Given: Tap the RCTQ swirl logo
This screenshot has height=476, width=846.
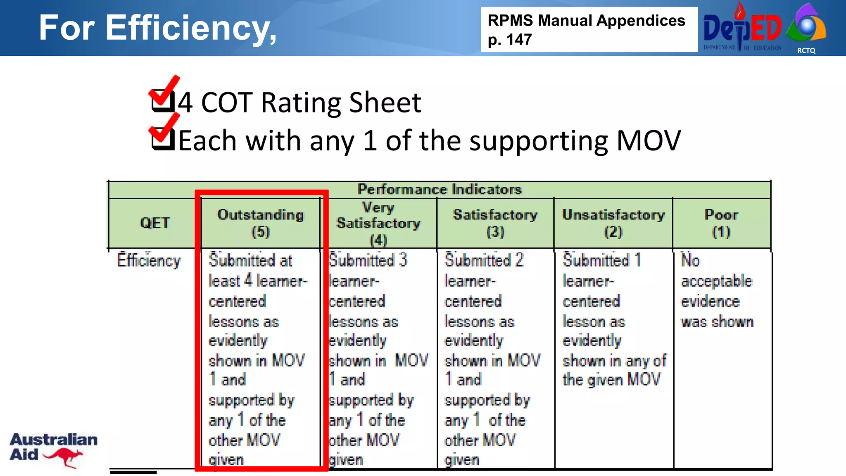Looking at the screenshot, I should pos(806,25).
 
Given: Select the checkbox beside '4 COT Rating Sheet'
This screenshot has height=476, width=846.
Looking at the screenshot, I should pos(162,100).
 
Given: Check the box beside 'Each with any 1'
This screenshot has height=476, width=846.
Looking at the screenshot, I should pos(162,138).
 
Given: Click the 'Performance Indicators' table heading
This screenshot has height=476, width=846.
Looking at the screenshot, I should pos(440,189).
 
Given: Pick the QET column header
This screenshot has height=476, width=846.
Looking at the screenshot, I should pos(154,223).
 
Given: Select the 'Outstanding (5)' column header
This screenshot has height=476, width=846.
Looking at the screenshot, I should pos(261,223).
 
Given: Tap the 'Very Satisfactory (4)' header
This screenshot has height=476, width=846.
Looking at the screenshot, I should pos(378,223).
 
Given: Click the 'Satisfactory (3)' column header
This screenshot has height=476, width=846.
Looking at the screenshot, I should pos(495,223).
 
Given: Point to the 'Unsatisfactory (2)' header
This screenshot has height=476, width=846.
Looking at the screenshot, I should pos(613,223).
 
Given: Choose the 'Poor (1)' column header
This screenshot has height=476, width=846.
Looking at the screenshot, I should pos(721,223).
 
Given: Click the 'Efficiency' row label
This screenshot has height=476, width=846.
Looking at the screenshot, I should pos(149,260).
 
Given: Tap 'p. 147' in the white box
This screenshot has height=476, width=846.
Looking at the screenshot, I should pos(510,40).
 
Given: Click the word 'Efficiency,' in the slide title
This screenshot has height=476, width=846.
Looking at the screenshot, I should pos(191,28).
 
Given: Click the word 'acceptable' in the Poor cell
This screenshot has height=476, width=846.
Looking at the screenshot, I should pos(717,281).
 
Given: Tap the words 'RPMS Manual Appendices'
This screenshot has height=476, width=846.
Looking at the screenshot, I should pos(586,20).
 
